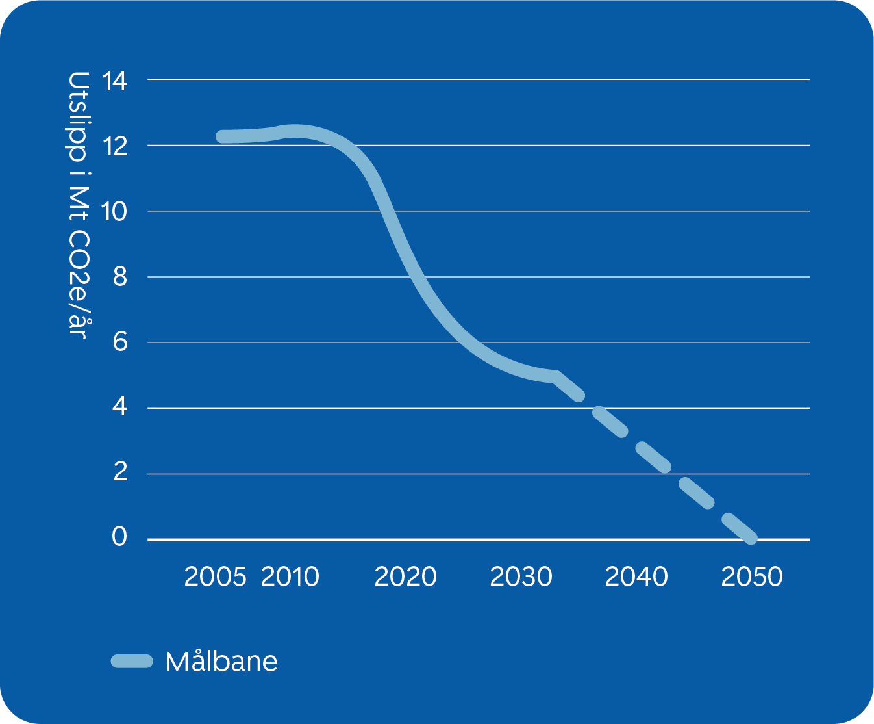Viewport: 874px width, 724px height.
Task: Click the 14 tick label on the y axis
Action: pyautogui.click(x=115, y=82)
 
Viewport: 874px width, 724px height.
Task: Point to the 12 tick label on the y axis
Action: pyautogui.click(x=115, y=147)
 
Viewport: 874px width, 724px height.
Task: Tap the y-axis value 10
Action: pyautogui.click(x=115, y=212)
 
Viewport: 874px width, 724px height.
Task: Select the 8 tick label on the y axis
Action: pyautogui.click(x=119, y=278)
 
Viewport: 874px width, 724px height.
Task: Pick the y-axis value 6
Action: pyautogui.click(x=119, y=342)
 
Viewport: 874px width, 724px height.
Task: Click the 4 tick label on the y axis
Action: pyautogui.click(x=119, y=407)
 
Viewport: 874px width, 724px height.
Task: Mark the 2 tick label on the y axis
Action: pyautogui.click(x=119, y=472)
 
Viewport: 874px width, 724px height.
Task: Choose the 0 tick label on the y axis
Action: pyautogui.click(x=119, y=537)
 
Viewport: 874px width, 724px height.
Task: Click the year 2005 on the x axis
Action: pyautogui.click(x=215, y=577)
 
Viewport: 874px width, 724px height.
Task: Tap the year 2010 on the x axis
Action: pyautogui.click(x=290, y=577)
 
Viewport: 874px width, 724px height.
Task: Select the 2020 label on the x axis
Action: pyautogui.click(x=405, y=577)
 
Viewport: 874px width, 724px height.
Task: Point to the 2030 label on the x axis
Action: pyautogui.click(x=521, y=577)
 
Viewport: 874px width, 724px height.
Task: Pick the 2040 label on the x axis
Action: pyautogui.click(x=636, y=577)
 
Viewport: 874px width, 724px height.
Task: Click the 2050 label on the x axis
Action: pyautogui.click(x=752, y=577)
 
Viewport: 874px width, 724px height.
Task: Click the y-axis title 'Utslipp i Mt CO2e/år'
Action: pyautogui.click(x=78, y=205)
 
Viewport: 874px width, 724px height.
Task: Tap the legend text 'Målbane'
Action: pyautogui.click(x=221, y=662)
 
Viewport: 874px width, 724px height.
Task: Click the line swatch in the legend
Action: pyautogui.click(x=132, y=662)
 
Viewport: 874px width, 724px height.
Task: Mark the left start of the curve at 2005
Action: pyautogui.click(x=223, y=136)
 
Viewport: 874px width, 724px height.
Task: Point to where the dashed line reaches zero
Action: pyautogui.click(x=751, y=538)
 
